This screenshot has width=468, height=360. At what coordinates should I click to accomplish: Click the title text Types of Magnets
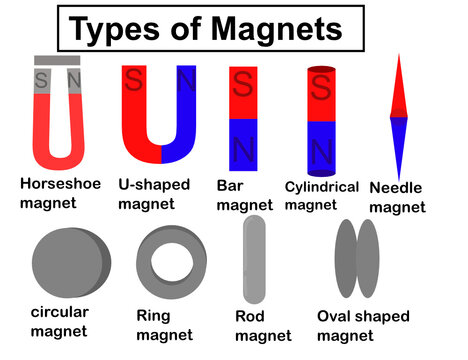(206, 30)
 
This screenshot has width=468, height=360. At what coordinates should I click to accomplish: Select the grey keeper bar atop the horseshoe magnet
(56, 60)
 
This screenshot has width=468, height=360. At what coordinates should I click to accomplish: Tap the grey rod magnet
(254, 261)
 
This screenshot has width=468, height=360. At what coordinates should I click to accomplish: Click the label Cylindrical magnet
(321, 194)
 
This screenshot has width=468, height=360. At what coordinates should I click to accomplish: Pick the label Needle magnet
(397, 198)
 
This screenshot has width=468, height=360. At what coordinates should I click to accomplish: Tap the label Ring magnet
(164, 325)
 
